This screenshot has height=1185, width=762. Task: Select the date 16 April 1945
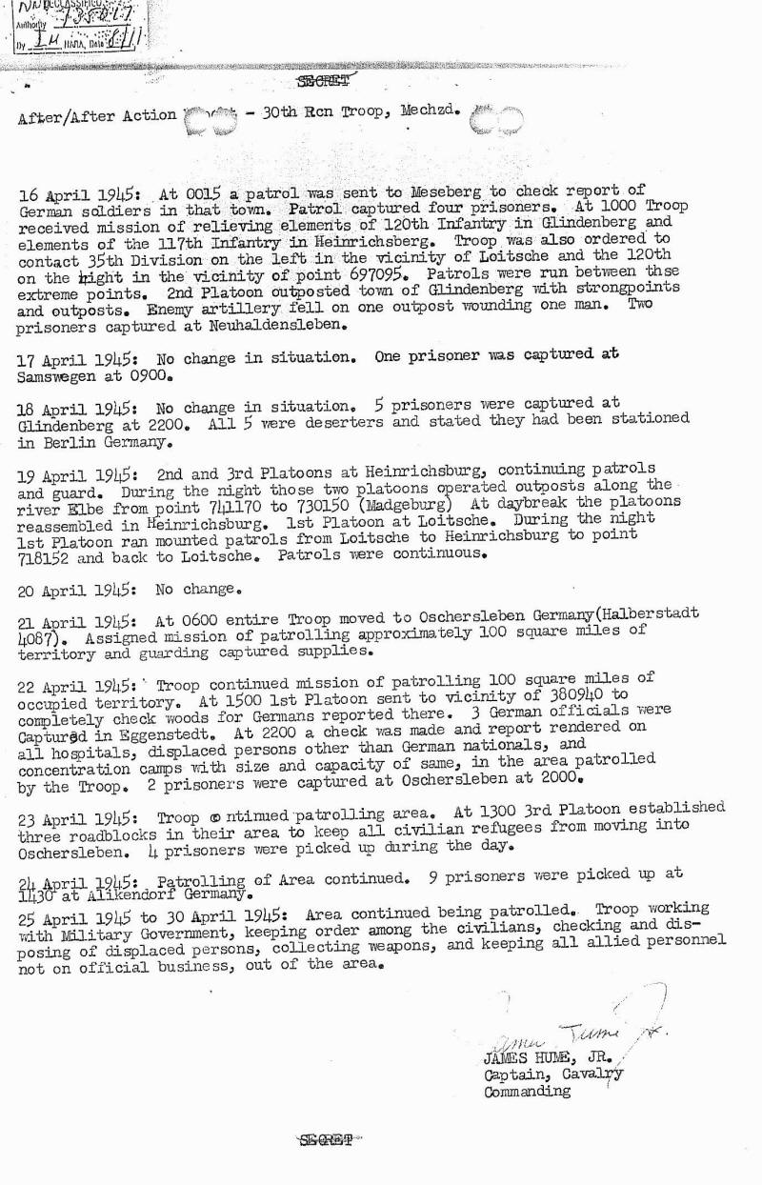(x=76, y=194)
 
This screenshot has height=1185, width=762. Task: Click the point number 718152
(x=46, y=555)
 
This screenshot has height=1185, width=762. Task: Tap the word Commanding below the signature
(x=528, y=1092)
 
